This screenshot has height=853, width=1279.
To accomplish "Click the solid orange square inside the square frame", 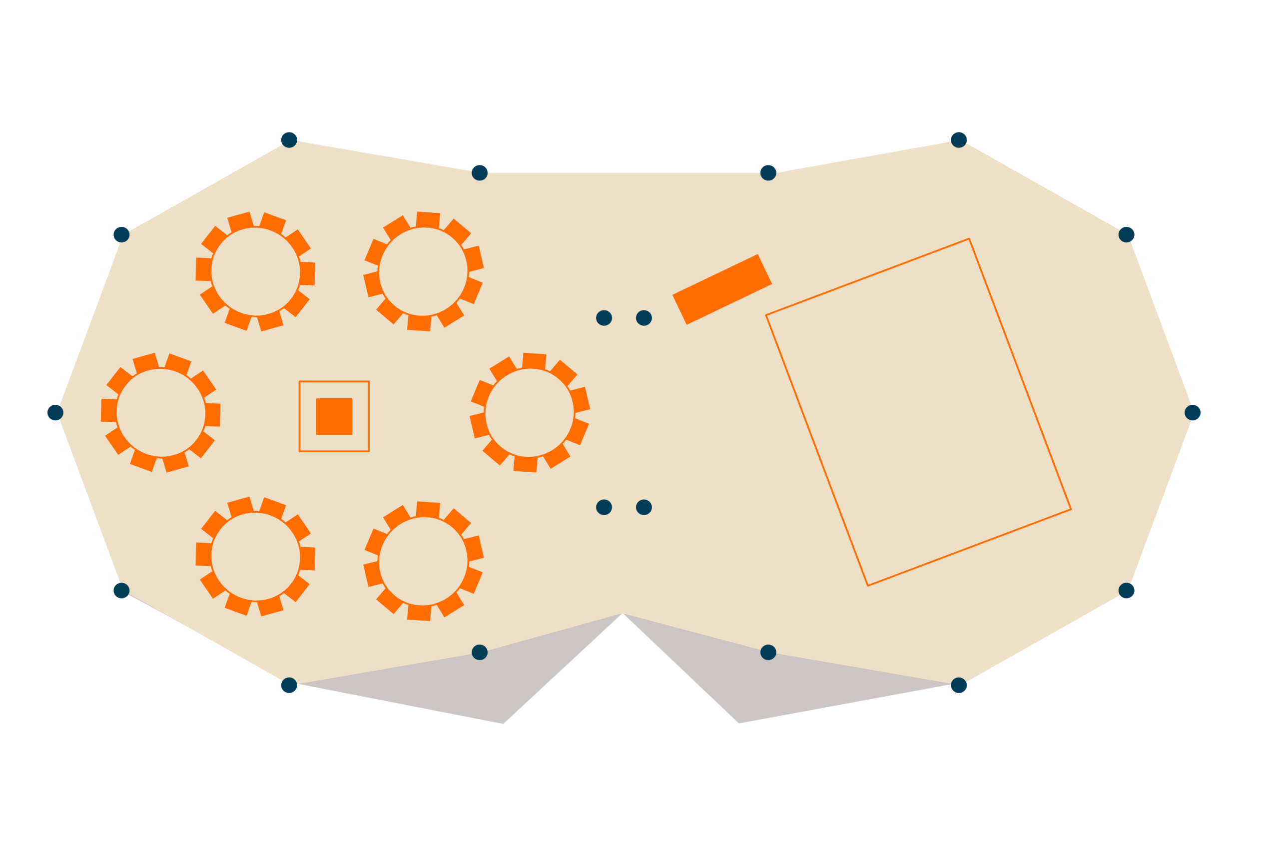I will tap(334, 417).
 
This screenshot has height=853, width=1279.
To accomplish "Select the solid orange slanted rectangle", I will tap(722, 289).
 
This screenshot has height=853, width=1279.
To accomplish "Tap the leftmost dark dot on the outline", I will tap(55, 412).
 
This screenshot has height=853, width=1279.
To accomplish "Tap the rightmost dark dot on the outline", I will tap(1193, 412).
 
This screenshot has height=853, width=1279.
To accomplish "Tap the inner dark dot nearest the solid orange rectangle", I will tap(644, 318).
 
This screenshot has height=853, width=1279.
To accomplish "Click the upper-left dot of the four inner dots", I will tap(604, 318).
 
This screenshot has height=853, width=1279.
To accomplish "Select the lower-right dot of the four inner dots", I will tap(644, 507).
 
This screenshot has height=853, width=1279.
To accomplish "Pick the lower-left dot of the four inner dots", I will tap(604, 507).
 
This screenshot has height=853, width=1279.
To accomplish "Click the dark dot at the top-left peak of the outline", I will tap(289, 140).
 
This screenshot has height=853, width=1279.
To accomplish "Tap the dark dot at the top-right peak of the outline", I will tap(959, 140).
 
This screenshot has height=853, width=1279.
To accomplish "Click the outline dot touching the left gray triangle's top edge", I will tap(480, 652).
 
